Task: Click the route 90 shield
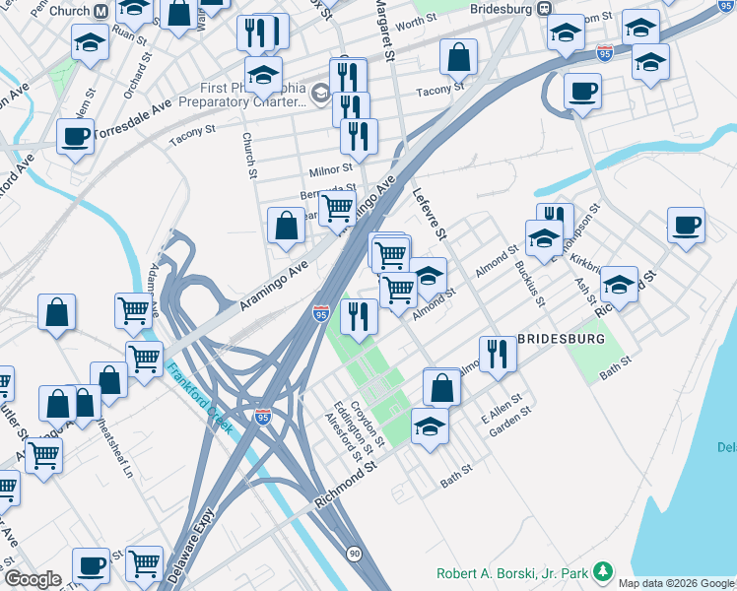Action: coord(354,554)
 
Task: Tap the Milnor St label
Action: coord(332,168)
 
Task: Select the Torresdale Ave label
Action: coord(134,115)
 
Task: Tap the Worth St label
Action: coord(416,22)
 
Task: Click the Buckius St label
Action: coord(530,280)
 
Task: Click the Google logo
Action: coord(33,579)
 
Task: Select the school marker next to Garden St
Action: coord(430,426)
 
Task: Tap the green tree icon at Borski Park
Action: coord(603,572)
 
